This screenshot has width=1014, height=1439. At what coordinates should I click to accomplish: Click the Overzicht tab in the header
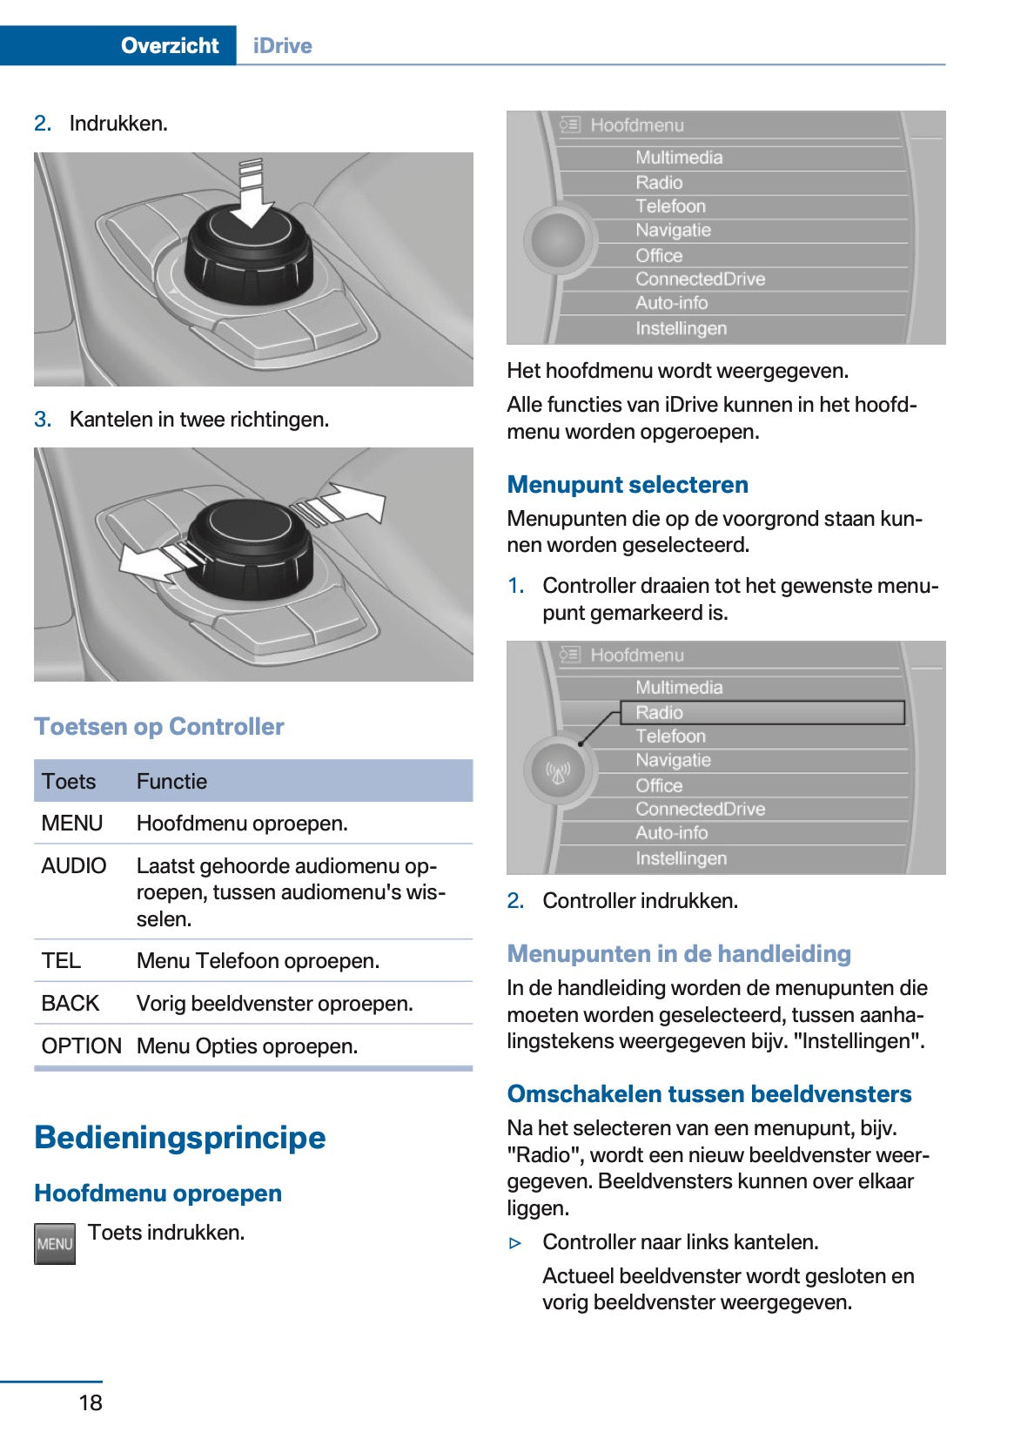tap(169, 45)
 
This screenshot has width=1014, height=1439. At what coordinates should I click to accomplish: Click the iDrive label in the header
tap(282, 45)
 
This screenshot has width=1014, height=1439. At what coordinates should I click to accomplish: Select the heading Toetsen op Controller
tap(159, 726)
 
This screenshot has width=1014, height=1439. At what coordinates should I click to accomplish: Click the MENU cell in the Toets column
tap(72, 823)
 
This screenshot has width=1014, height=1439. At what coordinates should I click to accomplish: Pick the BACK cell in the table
tap(71, 1003)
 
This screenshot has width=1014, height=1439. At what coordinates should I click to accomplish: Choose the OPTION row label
tap(82, 1046)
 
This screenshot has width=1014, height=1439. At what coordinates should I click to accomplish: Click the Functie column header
tap(171, 781)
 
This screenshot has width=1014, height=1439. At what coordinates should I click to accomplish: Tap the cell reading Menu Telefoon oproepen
tap(258, 960)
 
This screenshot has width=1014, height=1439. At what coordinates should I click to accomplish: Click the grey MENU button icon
tap(54, 1243)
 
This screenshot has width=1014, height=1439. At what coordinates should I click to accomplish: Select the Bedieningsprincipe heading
tap(180, 1137)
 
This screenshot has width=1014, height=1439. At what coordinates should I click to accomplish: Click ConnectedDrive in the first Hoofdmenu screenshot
tap(700, 279)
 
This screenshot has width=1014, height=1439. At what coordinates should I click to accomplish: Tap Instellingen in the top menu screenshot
tap(681, 328)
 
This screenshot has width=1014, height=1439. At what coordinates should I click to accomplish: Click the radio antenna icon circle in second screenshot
tap(558, 770)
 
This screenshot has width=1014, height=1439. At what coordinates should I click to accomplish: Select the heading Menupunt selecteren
tap(628, 484)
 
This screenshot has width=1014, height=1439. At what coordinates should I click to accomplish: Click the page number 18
tap(91, 1402)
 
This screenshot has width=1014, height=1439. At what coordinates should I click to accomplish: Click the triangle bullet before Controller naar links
tap(515, 1242)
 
